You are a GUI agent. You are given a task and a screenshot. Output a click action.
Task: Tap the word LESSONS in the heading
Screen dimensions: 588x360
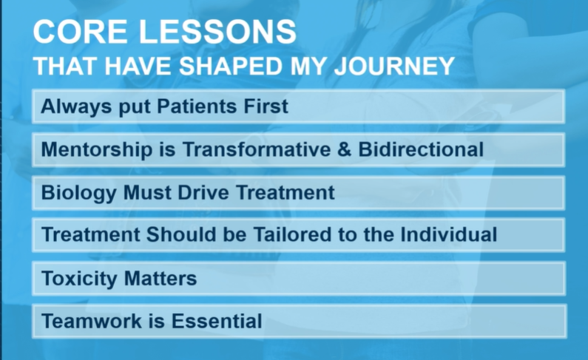coord(218,32)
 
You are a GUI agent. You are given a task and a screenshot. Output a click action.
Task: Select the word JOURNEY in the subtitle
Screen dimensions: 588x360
coord(394,66)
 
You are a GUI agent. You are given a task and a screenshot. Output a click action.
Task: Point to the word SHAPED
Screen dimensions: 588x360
coord(230,66)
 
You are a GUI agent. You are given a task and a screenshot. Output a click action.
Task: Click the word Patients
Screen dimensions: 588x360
coord(197,106)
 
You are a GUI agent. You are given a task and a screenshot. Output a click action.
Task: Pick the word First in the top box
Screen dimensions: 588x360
coord(266,106)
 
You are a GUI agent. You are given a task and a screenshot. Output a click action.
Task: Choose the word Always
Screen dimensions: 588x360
coord(76,106)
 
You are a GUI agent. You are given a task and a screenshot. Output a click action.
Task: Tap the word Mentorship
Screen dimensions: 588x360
coord(97,150)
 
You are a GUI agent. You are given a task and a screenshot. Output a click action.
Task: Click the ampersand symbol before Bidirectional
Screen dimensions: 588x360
coord(344,149)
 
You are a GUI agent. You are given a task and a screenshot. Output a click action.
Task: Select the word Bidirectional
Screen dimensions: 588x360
coord(421,149)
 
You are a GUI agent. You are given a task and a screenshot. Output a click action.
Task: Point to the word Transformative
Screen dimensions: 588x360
coord(257,149)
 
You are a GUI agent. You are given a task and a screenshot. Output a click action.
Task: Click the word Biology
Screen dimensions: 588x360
coord(78,193)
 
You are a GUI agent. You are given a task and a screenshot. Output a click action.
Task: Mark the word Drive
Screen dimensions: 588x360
coord(203,192)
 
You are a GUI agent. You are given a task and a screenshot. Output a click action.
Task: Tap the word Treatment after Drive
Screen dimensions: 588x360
coord(285,192)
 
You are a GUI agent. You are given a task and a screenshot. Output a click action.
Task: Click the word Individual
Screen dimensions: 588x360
coord(448,234)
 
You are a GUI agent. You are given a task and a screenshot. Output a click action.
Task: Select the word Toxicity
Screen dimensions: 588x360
coord(79,279)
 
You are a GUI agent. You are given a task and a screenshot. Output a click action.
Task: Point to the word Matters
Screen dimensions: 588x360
coord(160,279)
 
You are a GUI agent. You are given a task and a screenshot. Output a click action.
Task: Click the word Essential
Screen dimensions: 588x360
coord(217,321)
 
